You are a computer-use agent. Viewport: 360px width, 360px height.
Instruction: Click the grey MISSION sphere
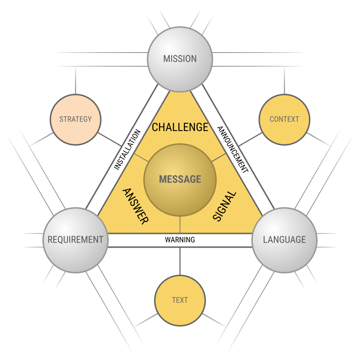(180, 59)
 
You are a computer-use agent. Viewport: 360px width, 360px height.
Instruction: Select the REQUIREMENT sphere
(76, 240)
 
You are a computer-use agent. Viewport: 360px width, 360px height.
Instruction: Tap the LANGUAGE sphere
(284, 240)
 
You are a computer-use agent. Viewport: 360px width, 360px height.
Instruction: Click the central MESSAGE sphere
(180, 180)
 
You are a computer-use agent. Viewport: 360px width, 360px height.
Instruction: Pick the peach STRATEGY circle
(76, 120)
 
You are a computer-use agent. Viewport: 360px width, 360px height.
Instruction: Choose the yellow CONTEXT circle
(284, 120)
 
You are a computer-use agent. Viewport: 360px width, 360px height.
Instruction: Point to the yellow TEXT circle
(180, 301)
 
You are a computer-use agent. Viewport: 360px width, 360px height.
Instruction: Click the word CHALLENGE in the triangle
(180, 127)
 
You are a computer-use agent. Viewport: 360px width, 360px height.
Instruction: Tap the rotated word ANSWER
(136, 206)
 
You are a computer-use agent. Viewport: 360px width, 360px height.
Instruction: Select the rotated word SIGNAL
(224, 206)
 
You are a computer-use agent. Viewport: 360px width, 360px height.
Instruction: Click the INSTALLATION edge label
(127, 149)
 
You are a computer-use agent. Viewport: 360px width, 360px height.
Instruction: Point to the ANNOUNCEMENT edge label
(233, 149)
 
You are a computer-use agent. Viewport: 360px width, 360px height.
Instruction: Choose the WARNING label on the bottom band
(180, 240)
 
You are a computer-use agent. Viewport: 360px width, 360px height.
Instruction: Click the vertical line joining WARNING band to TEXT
(180, 261)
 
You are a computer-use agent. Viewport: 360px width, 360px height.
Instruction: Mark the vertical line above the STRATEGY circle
(76, 80)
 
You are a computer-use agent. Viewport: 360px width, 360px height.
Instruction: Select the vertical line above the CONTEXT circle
(284, 80)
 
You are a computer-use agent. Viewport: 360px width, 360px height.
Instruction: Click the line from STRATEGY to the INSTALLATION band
(110, 139)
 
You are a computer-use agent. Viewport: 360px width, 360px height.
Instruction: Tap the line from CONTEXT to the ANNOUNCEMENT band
(250, 139)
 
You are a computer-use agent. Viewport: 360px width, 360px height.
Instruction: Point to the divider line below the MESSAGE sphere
(180, 225)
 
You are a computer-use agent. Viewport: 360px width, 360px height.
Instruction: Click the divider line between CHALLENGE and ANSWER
(141, 158)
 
